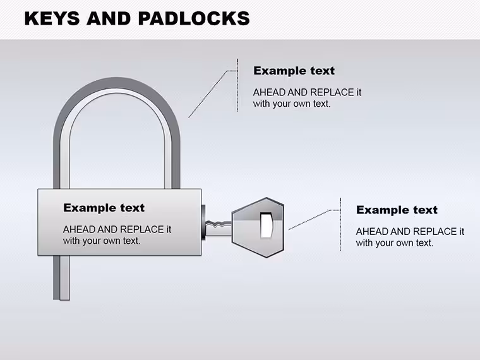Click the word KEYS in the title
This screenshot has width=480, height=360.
(52, 18)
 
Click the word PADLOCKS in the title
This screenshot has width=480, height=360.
(194, 18)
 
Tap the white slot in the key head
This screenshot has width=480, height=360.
(266, 225)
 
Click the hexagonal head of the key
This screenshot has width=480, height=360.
(258, 227)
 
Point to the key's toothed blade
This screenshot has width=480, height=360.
(219, 228)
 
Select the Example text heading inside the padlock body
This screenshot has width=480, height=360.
(104, 208)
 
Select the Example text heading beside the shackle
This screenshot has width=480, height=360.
(294, 71)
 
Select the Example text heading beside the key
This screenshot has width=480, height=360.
(397, 210)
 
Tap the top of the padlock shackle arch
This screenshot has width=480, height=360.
(117, 83)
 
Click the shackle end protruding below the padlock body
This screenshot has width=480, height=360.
(61, 278)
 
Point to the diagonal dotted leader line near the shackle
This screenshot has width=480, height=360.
(208, 93)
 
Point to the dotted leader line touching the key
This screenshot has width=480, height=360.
(314, 220)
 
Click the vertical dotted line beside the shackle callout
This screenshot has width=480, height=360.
(237, 85)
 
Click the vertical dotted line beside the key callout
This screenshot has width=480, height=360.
(340, 224)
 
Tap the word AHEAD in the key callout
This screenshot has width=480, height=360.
(371, 231)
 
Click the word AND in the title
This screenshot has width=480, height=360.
(109, 18)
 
